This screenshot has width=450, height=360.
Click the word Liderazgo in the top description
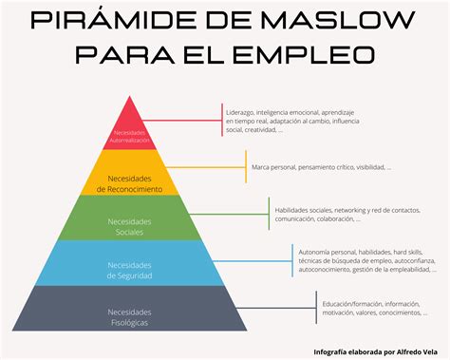pyautogui.click(x=243, y=110)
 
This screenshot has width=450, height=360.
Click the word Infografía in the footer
pyautogui.click(x=333, y=351)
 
